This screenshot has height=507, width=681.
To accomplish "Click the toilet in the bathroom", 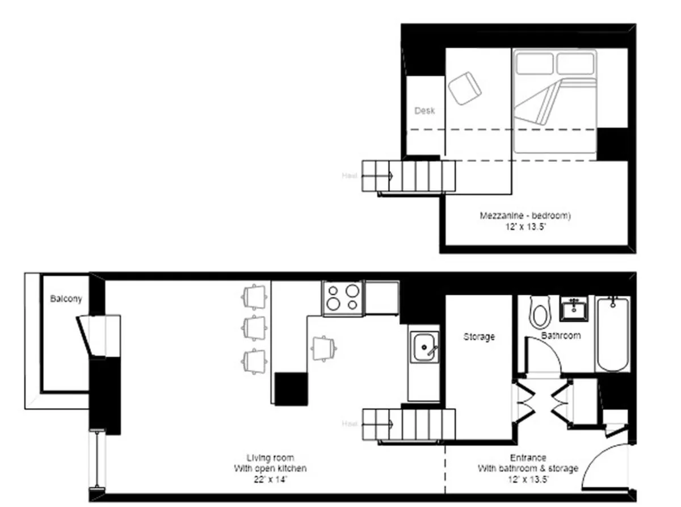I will point(539,313).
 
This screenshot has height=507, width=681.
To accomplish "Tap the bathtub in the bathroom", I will point(613,334).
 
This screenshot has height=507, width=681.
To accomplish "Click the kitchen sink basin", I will point(423,348).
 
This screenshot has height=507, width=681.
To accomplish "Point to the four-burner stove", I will point(343,298).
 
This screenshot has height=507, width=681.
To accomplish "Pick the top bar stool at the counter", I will point(254,295).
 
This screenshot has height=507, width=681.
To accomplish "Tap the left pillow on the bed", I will point(533,63).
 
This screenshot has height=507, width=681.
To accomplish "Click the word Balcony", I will point(66,299).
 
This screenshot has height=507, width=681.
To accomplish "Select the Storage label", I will point(479,337).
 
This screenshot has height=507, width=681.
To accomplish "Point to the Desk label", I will point(424,111).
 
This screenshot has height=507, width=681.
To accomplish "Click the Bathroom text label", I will point(561,336).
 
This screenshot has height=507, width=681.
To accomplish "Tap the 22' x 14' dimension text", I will point(270,480).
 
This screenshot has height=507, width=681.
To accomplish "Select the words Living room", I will point(270,458).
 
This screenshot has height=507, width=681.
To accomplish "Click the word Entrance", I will point(528,458).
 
